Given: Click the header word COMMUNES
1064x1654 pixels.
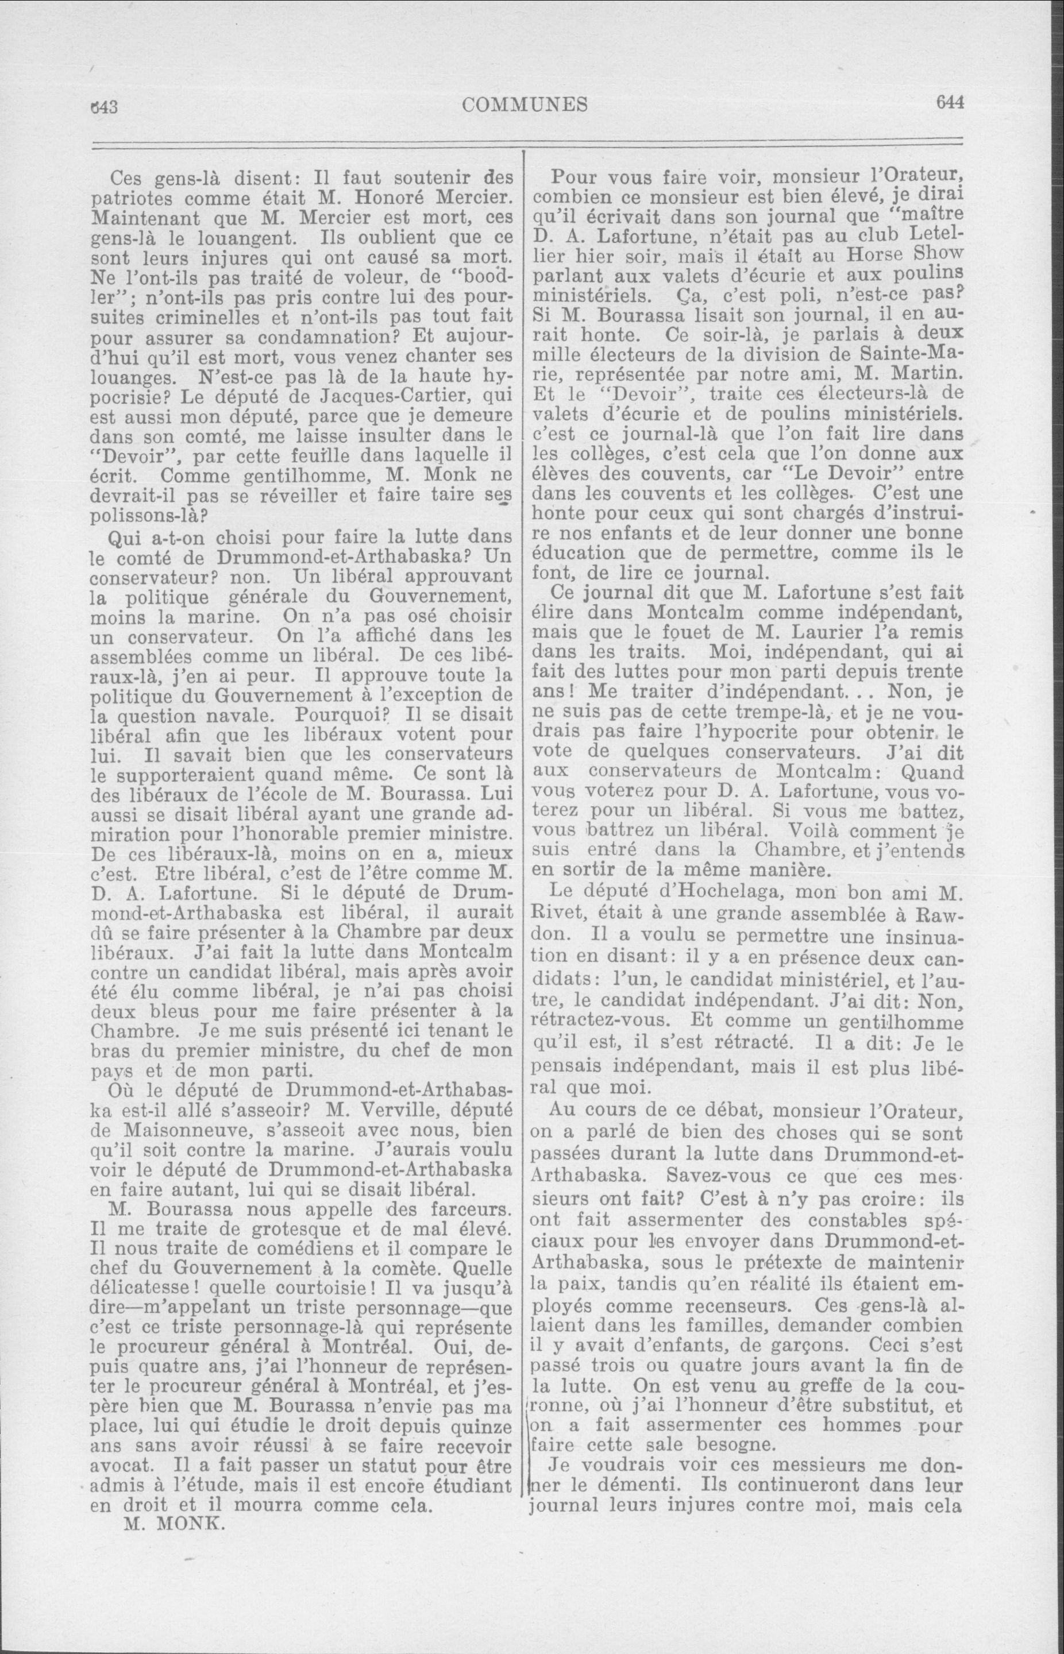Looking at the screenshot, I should tap(525, 105).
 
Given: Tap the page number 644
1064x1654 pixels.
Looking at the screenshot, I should tap(949, 103).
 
